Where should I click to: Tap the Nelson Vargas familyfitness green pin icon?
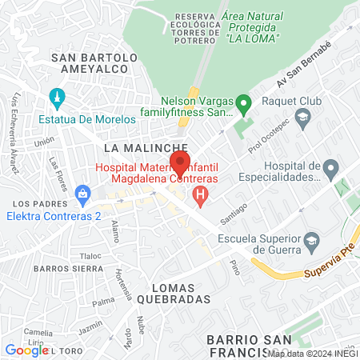coord(246,103)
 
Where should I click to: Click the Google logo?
coord(26,350)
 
